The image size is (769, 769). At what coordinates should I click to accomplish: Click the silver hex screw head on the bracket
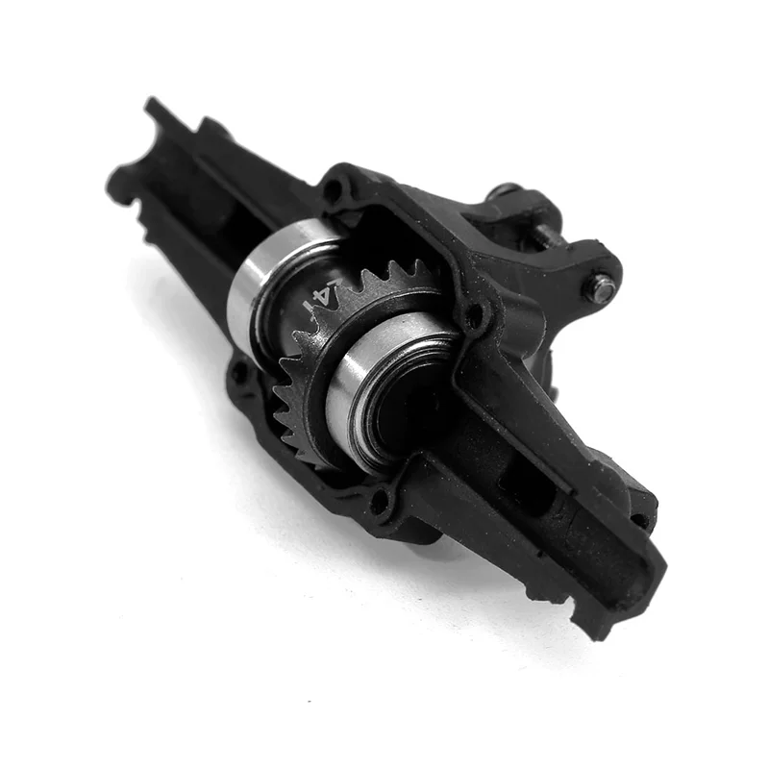coord(602,285)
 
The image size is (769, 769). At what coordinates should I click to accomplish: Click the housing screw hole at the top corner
coord(334,188)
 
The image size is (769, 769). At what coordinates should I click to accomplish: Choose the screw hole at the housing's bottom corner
coord(383,501)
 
